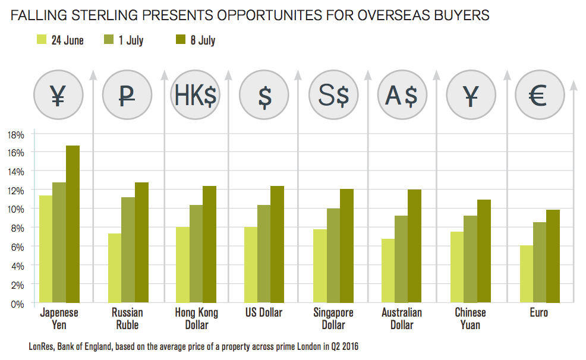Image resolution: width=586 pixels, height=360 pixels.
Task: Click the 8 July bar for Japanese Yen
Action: click(73, 225)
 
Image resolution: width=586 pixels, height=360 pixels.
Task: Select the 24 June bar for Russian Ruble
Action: click(114, 269)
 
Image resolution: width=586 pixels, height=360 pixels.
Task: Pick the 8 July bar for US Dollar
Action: click(278, 245)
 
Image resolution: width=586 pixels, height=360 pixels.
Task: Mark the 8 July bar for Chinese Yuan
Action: click(484, 251)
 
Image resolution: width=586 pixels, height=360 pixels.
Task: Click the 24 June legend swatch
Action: click(42, 40)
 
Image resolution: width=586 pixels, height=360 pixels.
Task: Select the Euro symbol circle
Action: click(539, 96)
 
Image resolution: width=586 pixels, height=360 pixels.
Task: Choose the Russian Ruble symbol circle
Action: click(127, 96)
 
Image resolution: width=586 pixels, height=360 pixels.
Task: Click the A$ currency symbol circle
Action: click(402, 96)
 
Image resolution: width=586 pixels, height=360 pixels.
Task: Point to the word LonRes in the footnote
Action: click(42, 346)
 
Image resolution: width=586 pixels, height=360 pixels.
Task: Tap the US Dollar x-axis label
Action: click(263, 312)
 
